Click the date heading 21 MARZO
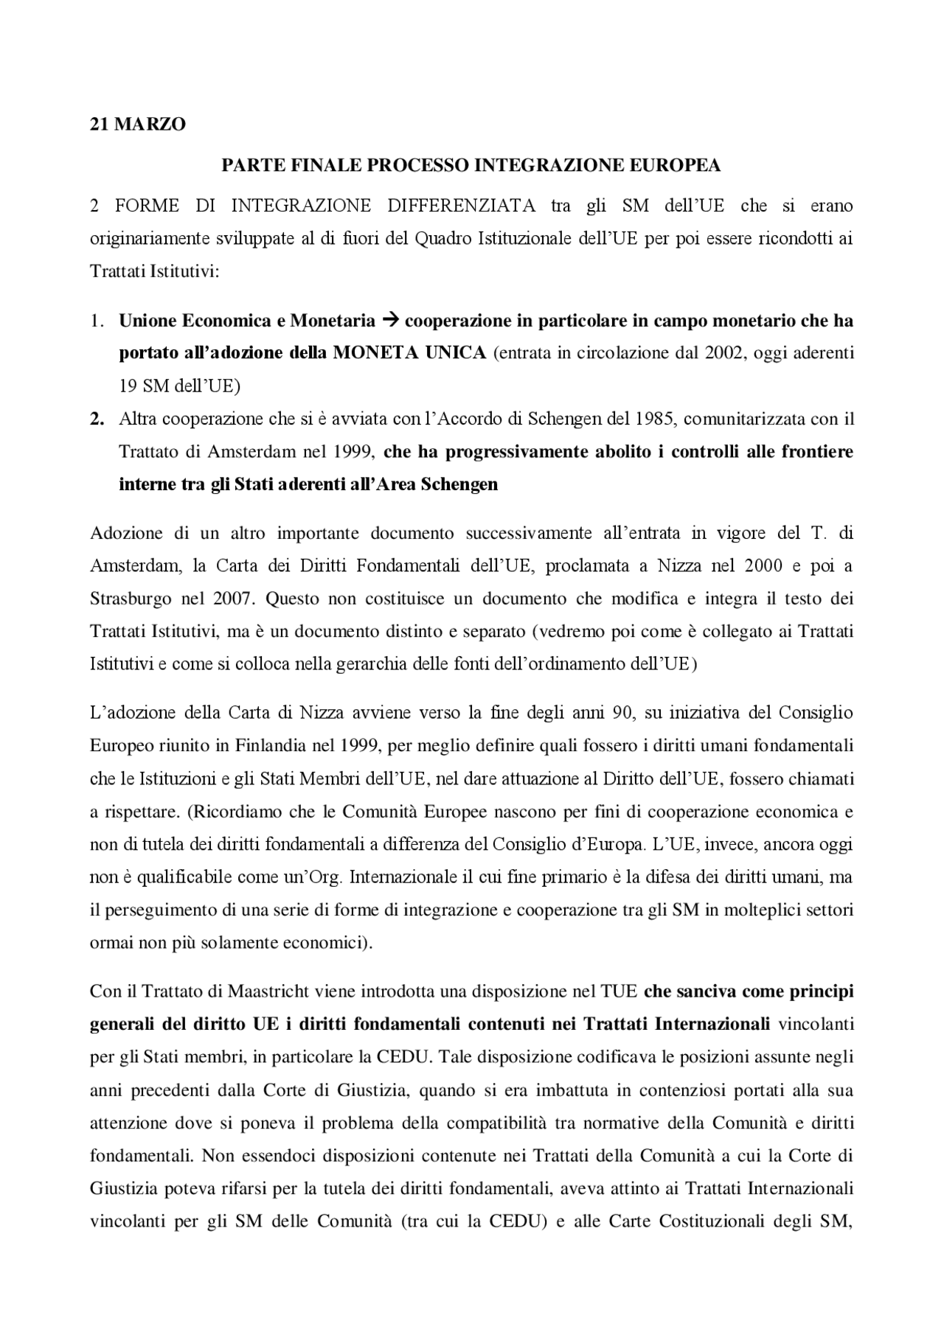point(138,125)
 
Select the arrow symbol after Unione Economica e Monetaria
point(391,321)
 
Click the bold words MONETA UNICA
point(409,353)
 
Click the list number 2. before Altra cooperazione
point(97,419)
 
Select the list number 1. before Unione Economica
point(97,321)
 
